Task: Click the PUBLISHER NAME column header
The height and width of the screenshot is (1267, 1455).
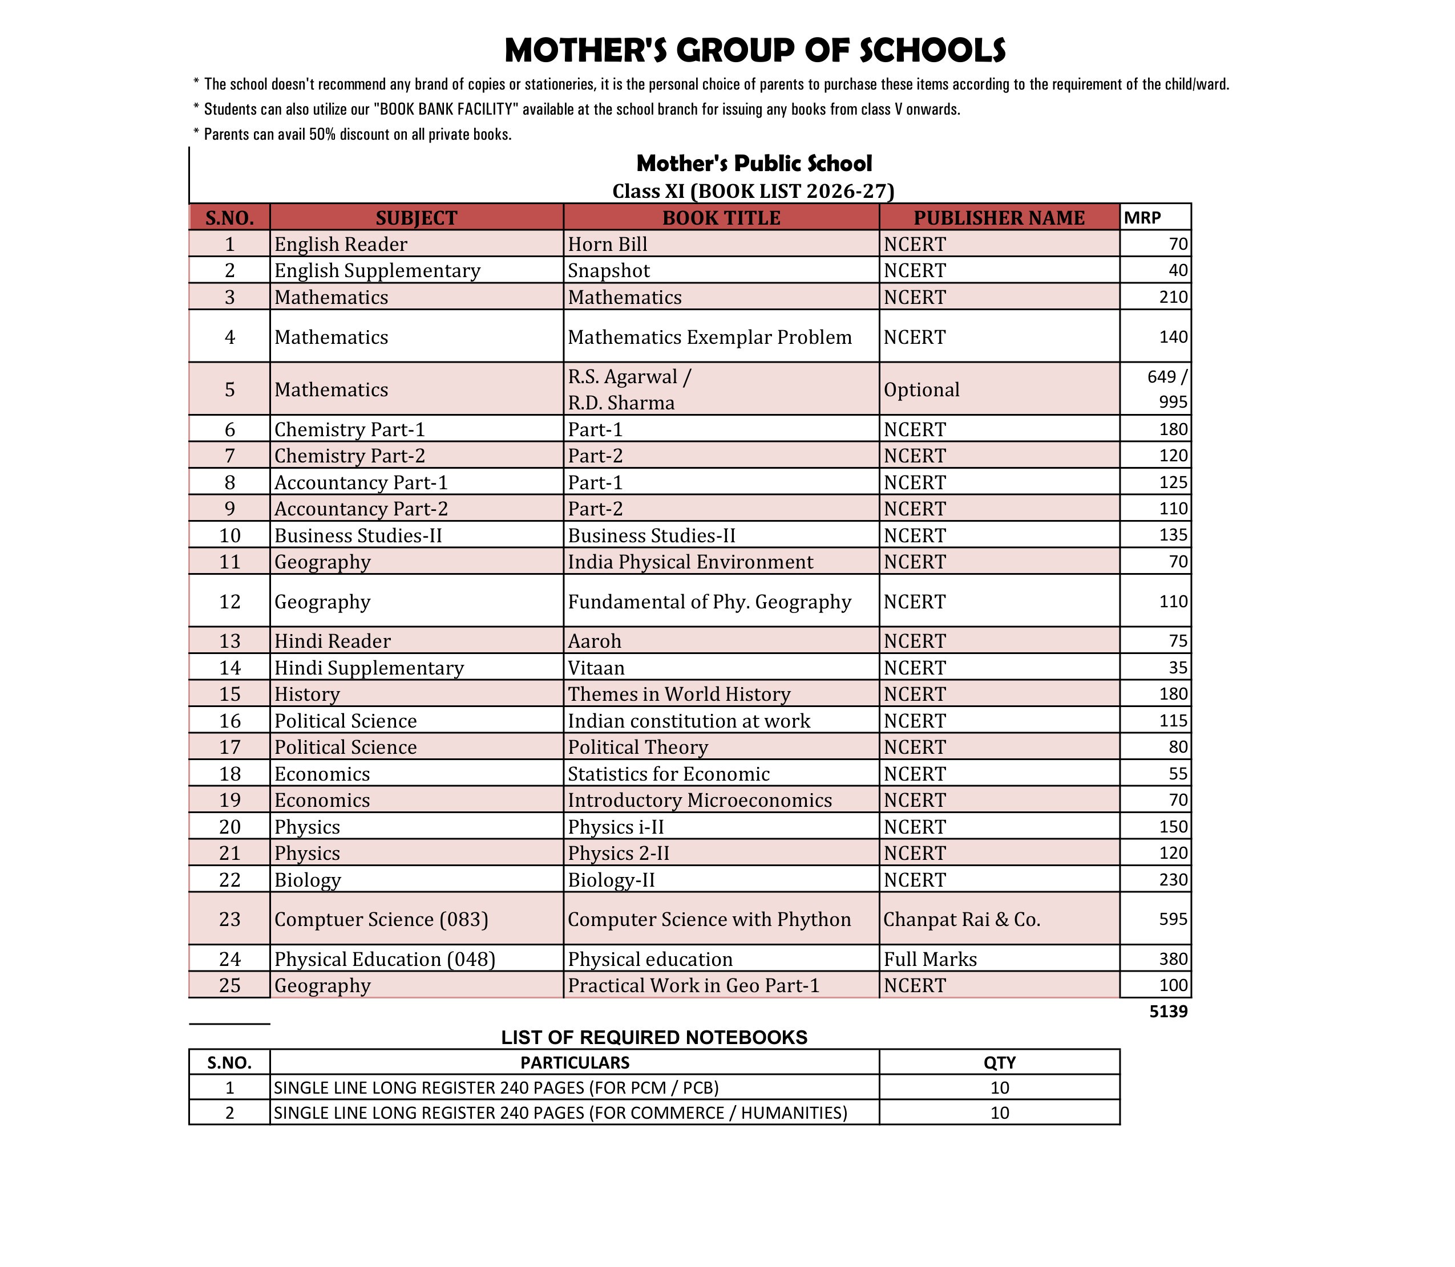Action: tap(998, 218)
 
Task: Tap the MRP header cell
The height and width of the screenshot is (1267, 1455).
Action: tap(1142, 218)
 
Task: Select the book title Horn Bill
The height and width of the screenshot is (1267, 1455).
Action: tap(608, 245)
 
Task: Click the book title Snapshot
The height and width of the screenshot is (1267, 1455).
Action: tap(608, 271)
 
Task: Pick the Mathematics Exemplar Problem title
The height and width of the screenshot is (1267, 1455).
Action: tap(709, 337)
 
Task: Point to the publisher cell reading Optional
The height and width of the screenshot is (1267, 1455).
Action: tap(921, 389)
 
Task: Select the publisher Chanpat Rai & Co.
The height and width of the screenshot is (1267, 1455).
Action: tap(961, 919)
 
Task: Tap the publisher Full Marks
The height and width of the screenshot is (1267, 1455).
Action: tap(929, 960)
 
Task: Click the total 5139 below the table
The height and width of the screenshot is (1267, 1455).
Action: tap(1168, 1012)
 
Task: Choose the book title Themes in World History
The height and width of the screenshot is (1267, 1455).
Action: tap(678, 695)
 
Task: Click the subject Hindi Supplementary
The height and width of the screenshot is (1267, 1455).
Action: tap(369, 668)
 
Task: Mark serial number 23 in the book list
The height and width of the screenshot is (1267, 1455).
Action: tap(230, 919)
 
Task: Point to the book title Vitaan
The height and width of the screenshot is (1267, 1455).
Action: tap(596, 668)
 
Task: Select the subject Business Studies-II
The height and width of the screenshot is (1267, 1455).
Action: tap(358, 536)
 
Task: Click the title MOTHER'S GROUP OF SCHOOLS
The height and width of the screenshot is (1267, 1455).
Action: tap(755, 51)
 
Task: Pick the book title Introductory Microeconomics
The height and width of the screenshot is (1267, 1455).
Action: tap(700, 801)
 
